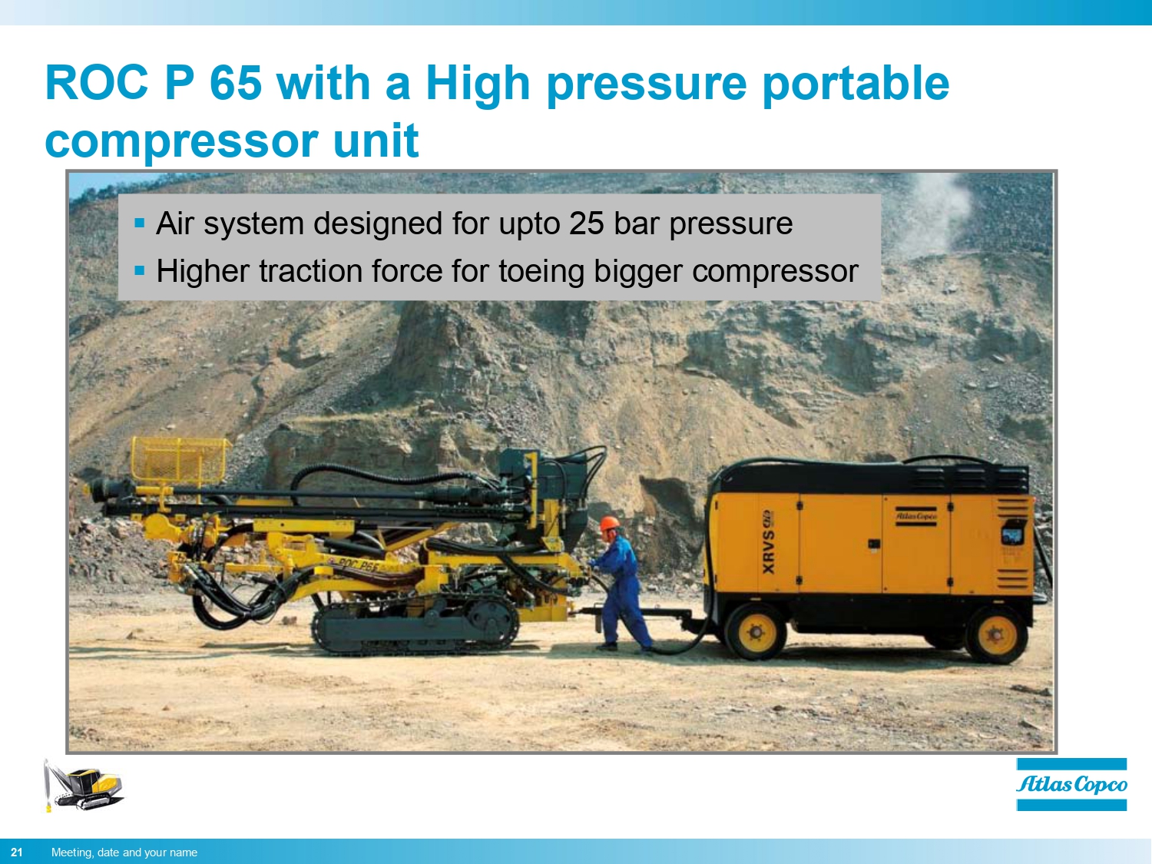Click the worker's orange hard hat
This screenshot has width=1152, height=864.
pyautogui.click(x=609, y=524)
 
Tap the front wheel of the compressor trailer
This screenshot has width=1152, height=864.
pyautogui.click(x=756, y=631)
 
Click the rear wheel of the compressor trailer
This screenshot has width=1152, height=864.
pyautogui.click(x=996, y=636)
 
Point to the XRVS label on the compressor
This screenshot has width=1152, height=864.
pyautogui.click(x=768, y=542)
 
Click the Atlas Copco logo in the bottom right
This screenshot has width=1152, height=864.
pyautogui.click(x=1071, y=784)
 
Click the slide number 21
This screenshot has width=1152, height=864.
pyautogui.click(x=17, y=852)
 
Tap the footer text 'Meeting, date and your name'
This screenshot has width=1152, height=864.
pyautogui.click(x=124, y=852)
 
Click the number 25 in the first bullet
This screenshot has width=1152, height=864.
pyautogui.click(x=587, y=223)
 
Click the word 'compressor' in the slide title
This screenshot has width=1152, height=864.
pyautogui.click(x=181, y=141)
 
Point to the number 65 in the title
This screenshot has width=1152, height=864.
pyautogui.click(x=236, y=82)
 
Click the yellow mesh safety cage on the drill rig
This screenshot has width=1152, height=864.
pyautogui.click(x=179, y=460)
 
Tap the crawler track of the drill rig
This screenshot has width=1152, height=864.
pyautogui.click(x=415, y=627)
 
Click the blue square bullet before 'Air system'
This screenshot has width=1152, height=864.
pyautogui.click(x=139, y=223)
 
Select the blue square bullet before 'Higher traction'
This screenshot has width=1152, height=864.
pyautogui.click(x=139, y=270)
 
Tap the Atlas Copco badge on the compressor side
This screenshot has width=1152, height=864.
pyautogui.click(x=916, y=517)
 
